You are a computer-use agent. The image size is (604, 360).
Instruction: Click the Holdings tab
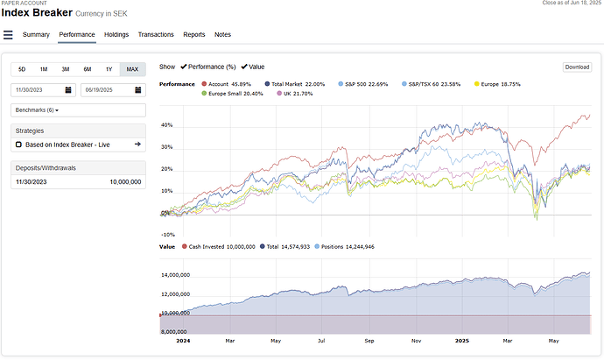tap(116, 34)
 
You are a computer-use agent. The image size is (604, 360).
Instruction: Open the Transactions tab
tap(156, 34)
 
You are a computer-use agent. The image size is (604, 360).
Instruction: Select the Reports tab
tap(194, 34)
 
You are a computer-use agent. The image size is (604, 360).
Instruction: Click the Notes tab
tap(222, 34)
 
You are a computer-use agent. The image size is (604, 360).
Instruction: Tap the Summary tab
tap(36, 34)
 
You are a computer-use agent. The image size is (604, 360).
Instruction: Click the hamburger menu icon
tap(9, 35)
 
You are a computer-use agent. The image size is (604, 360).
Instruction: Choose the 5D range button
tap(22, 68)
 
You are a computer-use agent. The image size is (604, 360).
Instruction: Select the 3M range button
tap(66, 68)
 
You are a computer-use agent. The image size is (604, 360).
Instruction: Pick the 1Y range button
tap(109, 68)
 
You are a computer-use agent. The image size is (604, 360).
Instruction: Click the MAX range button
tap(132, 68)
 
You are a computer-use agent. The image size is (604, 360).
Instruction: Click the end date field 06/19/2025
tap(111, 89)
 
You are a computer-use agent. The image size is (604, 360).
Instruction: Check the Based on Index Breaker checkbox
tap(19, 144)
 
